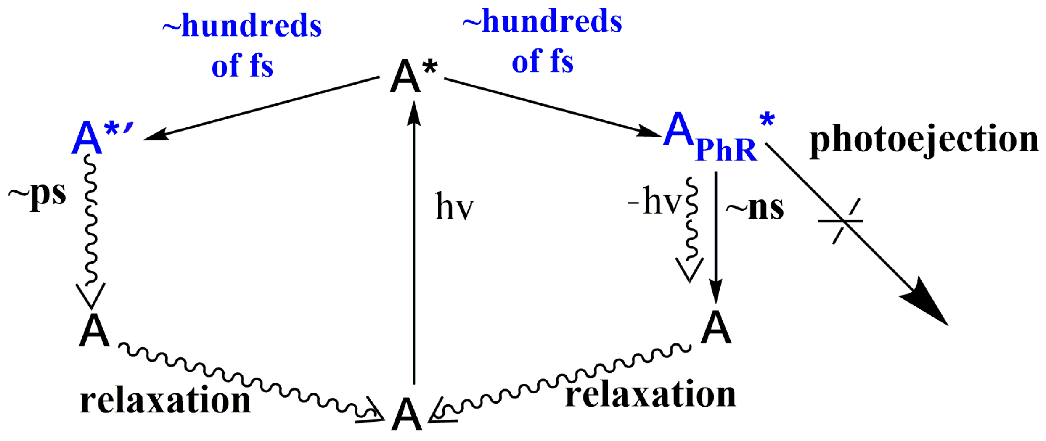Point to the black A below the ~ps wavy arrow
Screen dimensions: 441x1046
94,330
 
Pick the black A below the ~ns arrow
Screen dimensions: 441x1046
716,328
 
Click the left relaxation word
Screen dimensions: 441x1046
165,400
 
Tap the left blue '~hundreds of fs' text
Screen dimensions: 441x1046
242,45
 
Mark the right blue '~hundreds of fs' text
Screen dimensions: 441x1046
543,41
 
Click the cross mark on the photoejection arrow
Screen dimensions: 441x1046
841,221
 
